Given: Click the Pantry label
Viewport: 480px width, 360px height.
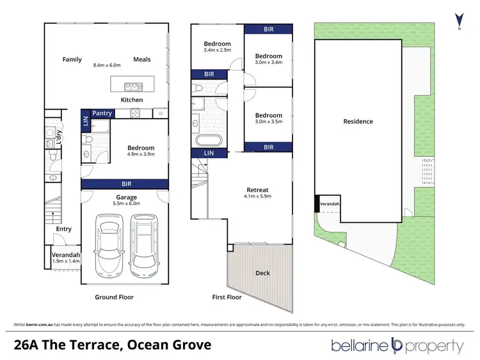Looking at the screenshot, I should [102, 113].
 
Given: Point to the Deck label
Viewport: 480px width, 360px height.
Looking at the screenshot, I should [262, 273].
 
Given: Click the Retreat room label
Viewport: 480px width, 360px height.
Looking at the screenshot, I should [257, 190].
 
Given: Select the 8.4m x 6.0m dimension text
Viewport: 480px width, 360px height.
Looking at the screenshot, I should [106, 65].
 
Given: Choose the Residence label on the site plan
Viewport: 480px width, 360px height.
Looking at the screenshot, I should [358, 121].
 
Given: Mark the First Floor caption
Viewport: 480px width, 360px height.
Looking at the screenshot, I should [227, 297].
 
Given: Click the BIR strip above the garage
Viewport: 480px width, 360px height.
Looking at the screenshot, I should [124, 184].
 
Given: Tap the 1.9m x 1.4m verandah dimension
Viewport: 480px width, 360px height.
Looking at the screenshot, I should [65, 261].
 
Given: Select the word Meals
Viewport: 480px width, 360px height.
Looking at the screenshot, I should [142, 60].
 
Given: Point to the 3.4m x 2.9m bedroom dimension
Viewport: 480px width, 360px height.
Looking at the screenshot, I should [217, 51].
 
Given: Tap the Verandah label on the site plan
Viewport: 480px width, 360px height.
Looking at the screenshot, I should [330, 204].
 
